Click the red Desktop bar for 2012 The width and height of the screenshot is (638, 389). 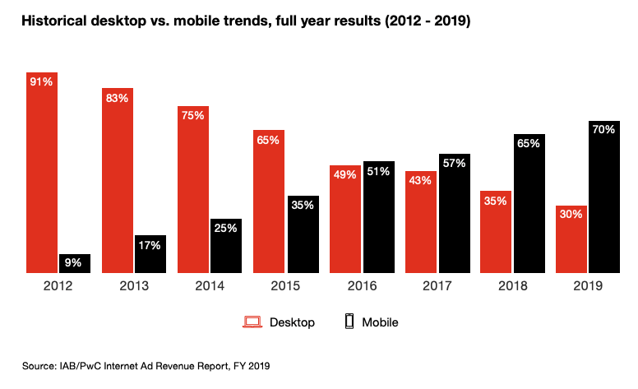click(42, 173)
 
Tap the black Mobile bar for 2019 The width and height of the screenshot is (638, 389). click(603, 197)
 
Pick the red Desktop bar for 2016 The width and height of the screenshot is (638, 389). click(345, 219)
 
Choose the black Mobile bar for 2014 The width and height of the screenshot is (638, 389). click(226, 245)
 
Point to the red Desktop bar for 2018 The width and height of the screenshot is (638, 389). click(497, 232)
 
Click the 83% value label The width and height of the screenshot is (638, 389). click(118, 99)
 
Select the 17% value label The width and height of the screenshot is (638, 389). click(151, 245)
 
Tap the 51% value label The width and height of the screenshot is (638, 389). click(378, 171)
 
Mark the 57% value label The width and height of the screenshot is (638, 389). click(454, 163)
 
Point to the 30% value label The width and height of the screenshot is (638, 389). click(571, 215)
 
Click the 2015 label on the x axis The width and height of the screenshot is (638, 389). click(285, 287)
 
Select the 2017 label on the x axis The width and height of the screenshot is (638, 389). click(437, 287)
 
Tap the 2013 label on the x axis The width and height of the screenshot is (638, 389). click(134, 287)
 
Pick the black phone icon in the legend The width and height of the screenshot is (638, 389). click(349, 322)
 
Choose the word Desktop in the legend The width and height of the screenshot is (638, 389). click(292, 322)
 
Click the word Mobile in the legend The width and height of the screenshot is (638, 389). click(380, 322)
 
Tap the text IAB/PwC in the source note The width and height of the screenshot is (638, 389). click(86, 364)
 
